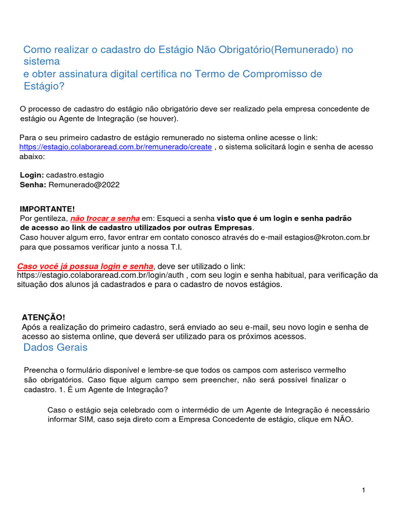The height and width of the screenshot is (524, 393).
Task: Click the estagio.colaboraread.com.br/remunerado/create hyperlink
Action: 116,147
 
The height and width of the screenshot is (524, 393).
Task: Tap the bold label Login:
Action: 32,175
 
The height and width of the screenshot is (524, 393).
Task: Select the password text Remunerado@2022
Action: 84,185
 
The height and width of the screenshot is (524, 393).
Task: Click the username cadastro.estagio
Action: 75,175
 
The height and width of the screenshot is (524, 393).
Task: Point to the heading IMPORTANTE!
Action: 47,209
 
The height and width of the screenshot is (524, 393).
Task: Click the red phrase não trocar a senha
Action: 105,218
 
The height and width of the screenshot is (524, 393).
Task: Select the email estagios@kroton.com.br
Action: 327,237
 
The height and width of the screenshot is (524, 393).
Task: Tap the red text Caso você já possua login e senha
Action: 85,266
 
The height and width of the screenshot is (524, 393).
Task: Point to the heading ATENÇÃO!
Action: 43,317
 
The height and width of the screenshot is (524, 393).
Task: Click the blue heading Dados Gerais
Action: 55,347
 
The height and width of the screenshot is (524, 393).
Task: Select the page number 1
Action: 363,491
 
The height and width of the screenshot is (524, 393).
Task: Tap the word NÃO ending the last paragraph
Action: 342,420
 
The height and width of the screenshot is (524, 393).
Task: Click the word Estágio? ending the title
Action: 45,86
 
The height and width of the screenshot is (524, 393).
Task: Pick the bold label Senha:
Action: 33,185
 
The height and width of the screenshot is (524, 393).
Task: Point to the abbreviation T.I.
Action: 175,247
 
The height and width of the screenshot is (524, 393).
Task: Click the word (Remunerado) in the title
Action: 305,50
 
